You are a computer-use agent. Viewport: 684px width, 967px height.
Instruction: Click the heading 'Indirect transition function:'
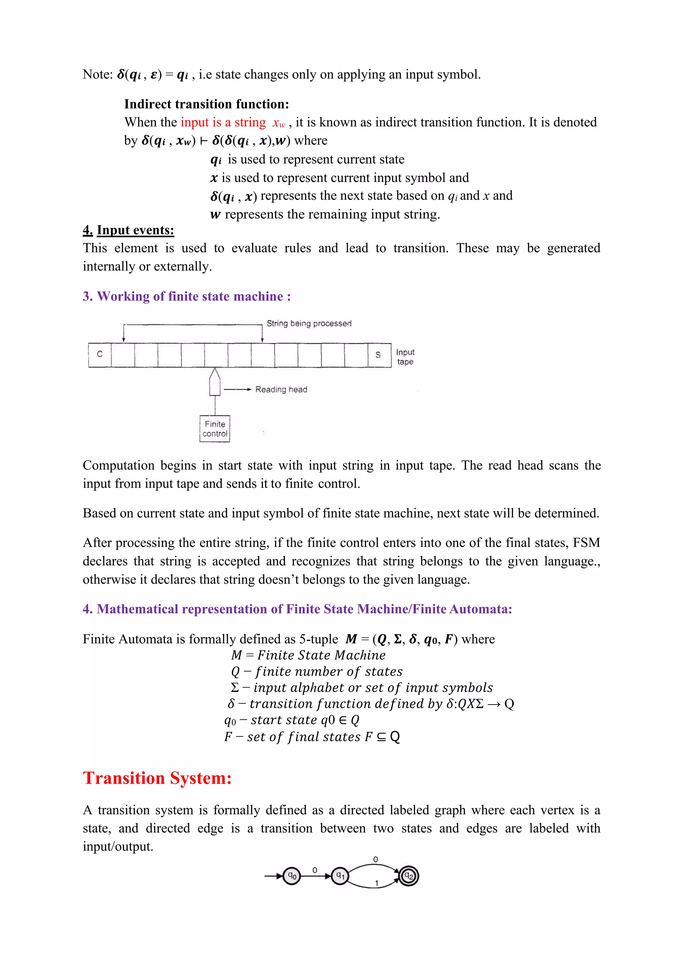pyautogui.click(x=206, y=104)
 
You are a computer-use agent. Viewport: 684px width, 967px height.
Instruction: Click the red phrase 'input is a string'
pyautogui.click(x=223, y=122)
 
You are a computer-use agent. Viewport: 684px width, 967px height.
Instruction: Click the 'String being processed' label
pyautogui.click(x=309, y=324)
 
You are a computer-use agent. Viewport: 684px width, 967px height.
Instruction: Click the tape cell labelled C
pyautogui.click(x=100, y=355)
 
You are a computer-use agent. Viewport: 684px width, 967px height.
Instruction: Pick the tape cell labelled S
pyautogui.click(x=378, y=355)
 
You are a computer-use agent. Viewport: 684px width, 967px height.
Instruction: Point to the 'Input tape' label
pyautogui.click(x=405, y=357)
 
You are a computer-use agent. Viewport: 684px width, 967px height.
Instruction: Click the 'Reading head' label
pyautogui.click(x=281, y=390)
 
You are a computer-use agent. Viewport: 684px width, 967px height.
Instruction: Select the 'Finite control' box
pyautogui.click(x=215, y=429)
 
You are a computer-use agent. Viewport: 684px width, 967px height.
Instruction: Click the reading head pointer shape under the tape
pyautogui.click(x=215, y=382)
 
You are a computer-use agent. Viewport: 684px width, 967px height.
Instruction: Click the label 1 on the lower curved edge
pyautogui.click(x=376, y=883)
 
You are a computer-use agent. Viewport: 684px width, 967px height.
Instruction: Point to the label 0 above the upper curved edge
pyautogui.click(x=376, y=859)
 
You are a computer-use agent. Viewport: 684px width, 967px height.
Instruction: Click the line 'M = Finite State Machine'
pyautogui.click(x=308, y=655)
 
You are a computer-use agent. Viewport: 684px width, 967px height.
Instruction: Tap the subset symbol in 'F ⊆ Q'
pyautogui.click(x=381, y=737)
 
